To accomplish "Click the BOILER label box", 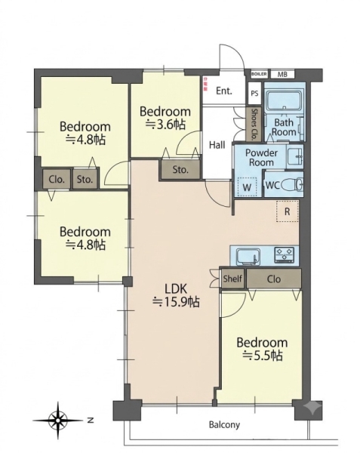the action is click(259, 74).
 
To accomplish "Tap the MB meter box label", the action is click(282, 74).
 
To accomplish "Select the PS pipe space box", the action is click(254, 94).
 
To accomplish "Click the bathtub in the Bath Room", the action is click(284, 100).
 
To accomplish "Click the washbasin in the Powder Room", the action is click(295, 156).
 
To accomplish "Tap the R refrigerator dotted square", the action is click(288, 211).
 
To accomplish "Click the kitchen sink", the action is click(247, 256).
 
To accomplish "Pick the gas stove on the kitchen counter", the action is click(285, 254).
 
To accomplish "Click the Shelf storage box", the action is click(232, 279).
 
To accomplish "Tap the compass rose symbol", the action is click(59, 421).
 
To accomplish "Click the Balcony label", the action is click(224, 424).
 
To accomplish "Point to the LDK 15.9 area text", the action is click(176, 295).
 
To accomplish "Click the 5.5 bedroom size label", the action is click(262, 356).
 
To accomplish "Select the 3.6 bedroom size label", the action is click(165, 125).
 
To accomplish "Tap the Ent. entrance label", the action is click(224, 91).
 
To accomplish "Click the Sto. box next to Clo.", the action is click(85, 180).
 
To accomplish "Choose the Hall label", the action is click(217, 145).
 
